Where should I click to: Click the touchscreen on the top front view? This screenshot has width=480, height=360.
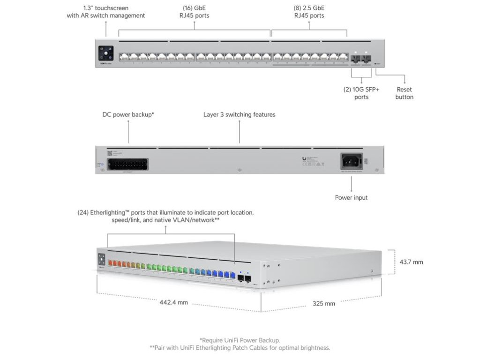[x=105, y=52]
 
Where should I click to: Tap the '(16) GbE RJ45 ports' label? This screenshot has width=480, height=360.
[x=196, y=12]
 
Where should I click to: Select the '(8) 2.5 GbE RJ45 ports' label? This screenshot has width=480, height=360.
[x=309, y=12]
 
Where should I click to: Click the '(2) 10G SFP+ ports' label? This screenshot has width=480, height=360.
[x=361, y=93]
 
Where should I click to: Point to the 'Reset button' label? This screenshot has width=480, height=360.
[x=404, y=93]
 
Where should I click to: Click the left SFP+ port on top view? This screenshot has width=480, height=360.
[x=356, y=58]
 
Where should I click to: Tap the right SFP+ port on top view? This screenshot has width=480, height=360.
[x=367, y=58]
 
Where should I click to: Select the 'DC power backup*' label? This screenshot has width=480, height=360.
[x=128, y=114]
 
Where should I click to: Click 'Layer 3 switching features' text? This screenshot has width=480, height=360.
[x=239, y=114]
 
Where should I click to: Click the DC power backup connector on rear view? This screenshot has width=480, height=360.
[x=127, y=165]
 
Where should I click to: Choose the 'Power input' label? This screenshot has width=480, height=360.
[x=351, y=198]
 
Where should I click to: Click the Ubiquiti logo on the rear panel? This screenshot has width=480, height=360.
[x=305, y=159]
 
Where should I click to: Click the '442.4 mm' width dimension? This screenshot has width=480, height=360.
[x=173, y=302]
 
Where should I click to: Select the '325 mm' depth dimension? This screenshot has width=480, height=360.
[x=324, y=303]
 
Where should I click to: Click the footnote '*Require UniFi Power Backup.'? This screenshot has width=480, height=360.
[x=240, y=340]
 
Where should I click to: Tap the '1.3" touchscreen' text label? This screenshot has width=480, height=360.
[x=106, y=8]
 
